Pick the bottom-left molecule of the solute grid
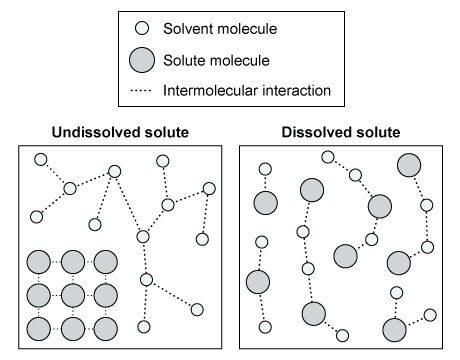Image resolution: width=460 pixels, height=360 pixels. point(38,327)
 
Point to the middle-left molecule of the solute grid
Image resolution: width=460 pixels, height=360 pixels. point(38,295)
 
